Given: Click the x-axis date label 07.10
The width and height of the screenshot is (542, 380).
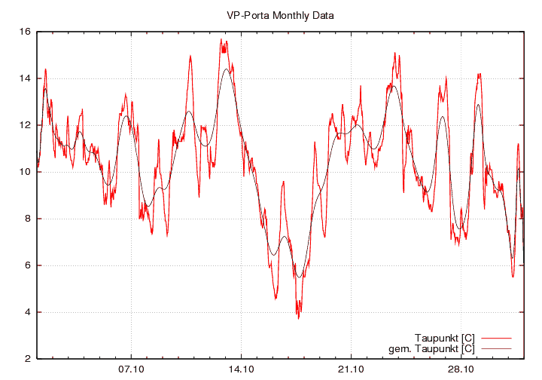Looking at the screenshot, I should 131,369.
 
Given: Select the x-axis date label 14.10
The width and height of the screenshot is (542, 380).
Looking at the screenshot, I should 241,369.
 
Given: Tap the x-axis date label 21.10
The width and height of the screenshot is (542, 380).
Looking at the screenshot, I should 351,369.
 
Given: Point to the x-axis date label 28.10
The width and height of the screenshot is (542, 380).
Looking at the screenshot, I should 461,369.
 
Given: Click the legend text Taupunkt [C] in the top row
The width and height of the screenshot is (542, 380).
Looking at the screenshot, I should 444,337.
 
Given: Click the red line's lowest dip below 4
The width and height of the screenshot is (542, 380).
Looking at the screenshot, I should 298,318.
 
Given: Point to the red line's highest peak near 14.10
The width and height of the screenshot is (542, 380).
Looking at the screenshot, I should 221,39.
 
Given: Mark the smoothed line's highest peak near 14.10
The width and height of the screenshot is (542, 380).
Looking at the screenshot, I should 226,69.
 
